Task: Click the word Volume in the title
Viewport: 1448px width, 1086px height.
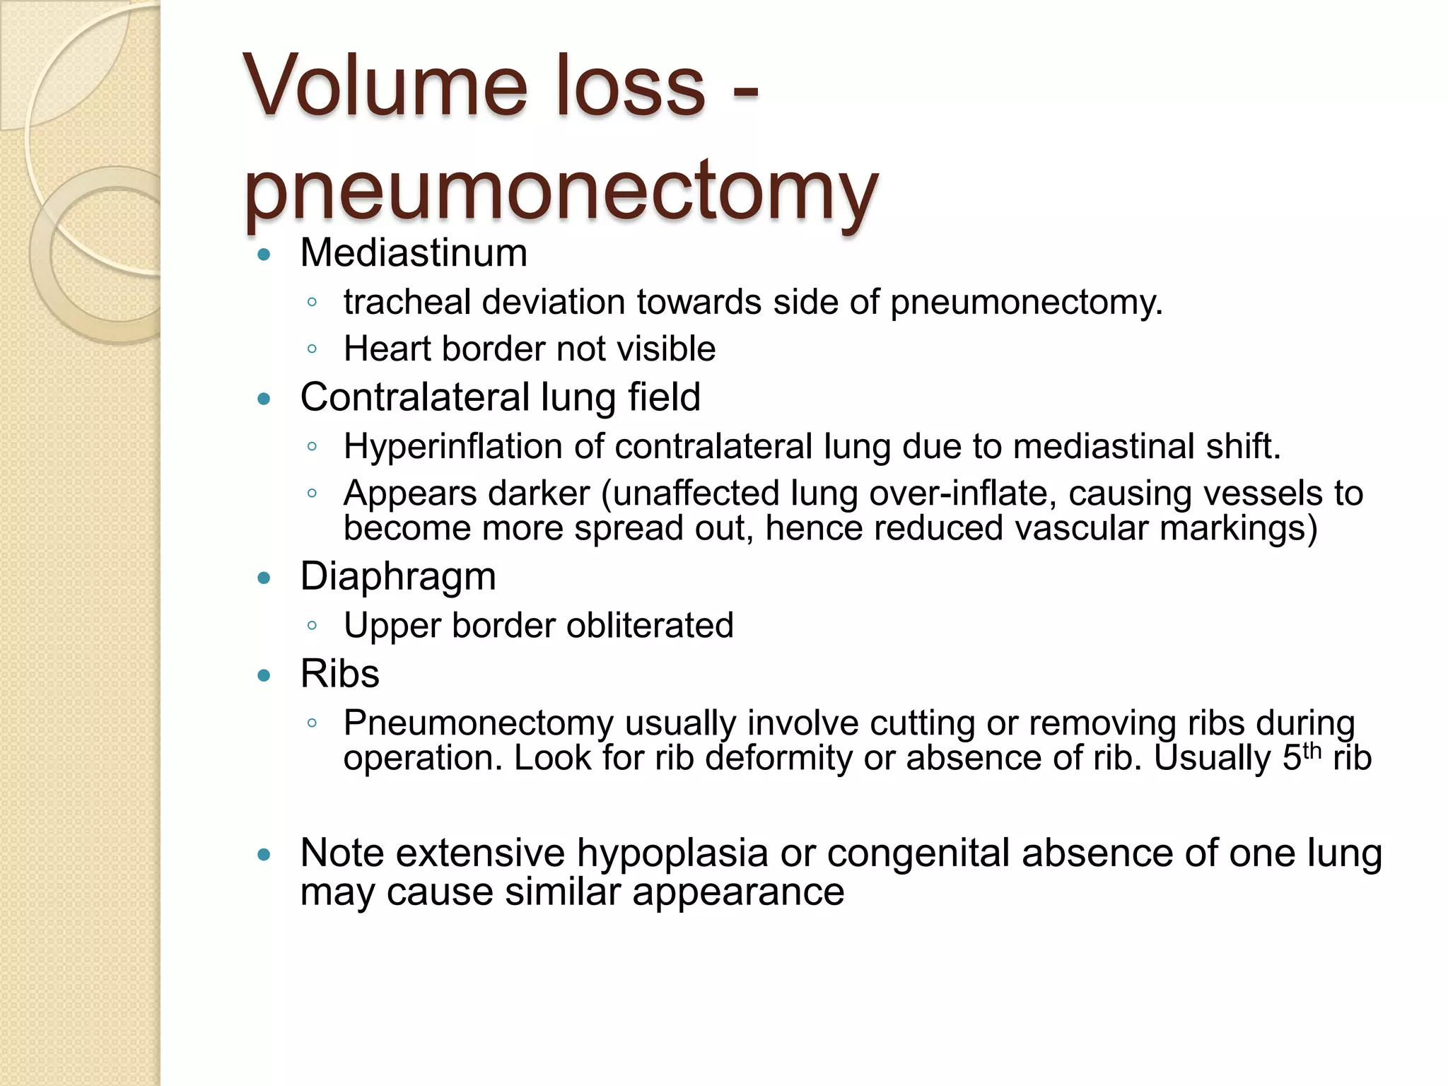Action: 385,86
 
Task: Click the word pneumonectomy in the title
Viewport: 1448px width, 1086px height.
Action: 561,189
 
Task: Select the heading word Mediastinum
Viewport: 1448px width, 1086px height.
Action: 414,252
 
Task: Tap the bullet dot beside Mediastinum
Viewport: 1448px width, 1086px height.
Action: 264,255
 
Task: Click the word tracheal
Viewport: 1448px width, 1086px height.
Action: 407,303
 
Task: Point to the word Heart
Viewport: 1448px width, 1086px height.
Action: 387,349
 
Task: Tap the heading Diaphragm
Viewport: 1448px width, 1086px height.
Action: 398,576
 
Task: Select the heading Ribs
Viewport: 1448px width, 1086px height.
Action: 339,674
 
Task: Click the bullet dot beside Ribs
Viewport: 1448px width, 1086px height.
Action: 264,675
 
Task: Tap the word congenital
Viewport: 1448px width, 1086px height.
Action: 918,853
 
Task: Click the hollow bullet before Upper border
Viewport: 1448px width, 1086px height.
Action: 312,626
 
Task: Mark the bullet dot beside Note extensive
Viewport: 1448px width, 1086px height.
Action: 264,855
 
